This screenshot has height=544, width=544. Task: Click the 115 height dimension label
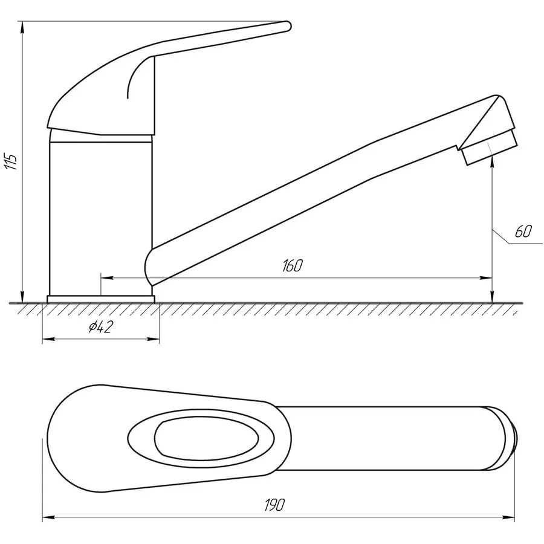tap(11, 161)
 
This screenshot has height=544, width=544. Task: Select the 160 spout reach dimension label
tap(292, 265)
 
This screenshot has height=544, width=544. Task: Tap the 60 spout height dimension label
tap(523, 232)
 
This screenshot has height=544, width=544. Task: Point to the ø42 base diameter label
tap(100, 326)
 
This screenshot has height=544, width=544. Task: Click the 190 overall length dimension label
tap(274, 505)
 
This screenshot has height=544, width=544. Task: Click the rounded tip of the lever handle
tap(287, 27)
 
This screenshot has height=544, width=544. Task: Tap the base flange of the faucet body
tap(100, 299)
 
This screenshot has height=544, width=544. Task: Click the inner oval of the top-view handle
tap(206, 438)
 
